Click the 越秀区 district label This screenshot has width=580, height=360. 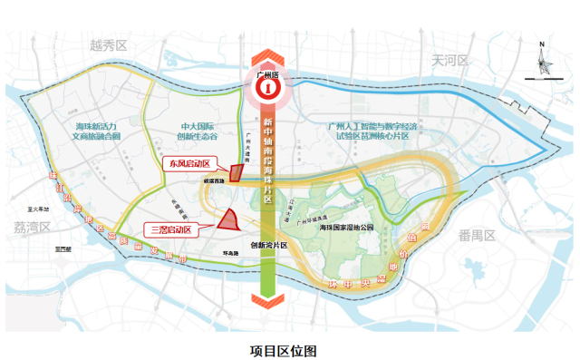(x=107, y=44)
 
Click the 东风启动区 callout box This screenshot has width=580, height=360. (x=186, y=164)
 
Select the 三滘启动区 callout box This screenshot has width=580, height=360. (x=170, y=229)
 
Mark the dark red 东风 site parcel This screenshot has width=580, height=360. (x=236, y=172)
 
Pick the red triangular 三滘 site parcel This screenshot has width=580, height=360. (x=227, y=219)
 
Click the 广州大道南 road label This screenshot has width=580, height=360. (x=246, y=145)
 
